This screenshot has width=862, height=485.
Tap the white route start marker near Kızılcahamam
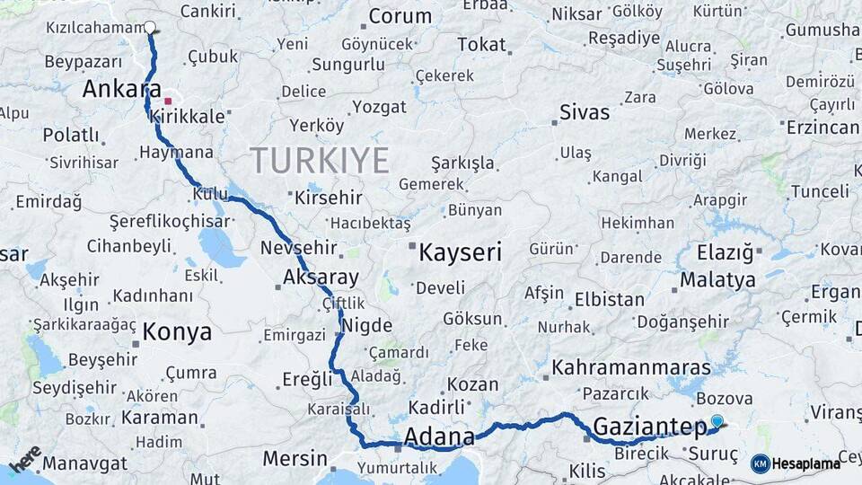150,28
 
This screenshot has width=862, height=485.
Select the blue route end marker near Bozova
717,420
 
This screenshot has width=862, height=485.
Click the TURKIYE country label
320,160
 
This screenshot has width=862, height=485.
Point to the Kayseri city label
460,252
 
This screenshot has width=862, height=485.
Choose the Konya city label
177,331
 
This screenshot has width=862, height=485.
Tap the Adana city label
439,437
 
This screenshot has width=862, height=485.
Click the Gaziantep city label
650,427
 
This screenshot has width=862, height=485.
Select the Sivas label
585,112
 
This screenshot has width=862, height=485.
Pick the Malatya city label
717,279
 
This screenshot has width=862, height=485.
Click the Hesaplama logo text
805,463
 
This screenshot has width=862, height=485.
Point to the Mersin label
295,458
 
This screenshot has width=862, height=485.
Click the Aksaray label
321,277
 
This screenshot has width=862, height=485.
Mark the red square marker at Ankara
168,101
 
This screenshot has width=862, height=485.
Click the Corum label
400,16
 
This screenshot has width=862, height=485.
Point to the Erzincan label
822,128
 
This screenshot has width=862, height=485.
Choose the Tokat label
481,44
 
